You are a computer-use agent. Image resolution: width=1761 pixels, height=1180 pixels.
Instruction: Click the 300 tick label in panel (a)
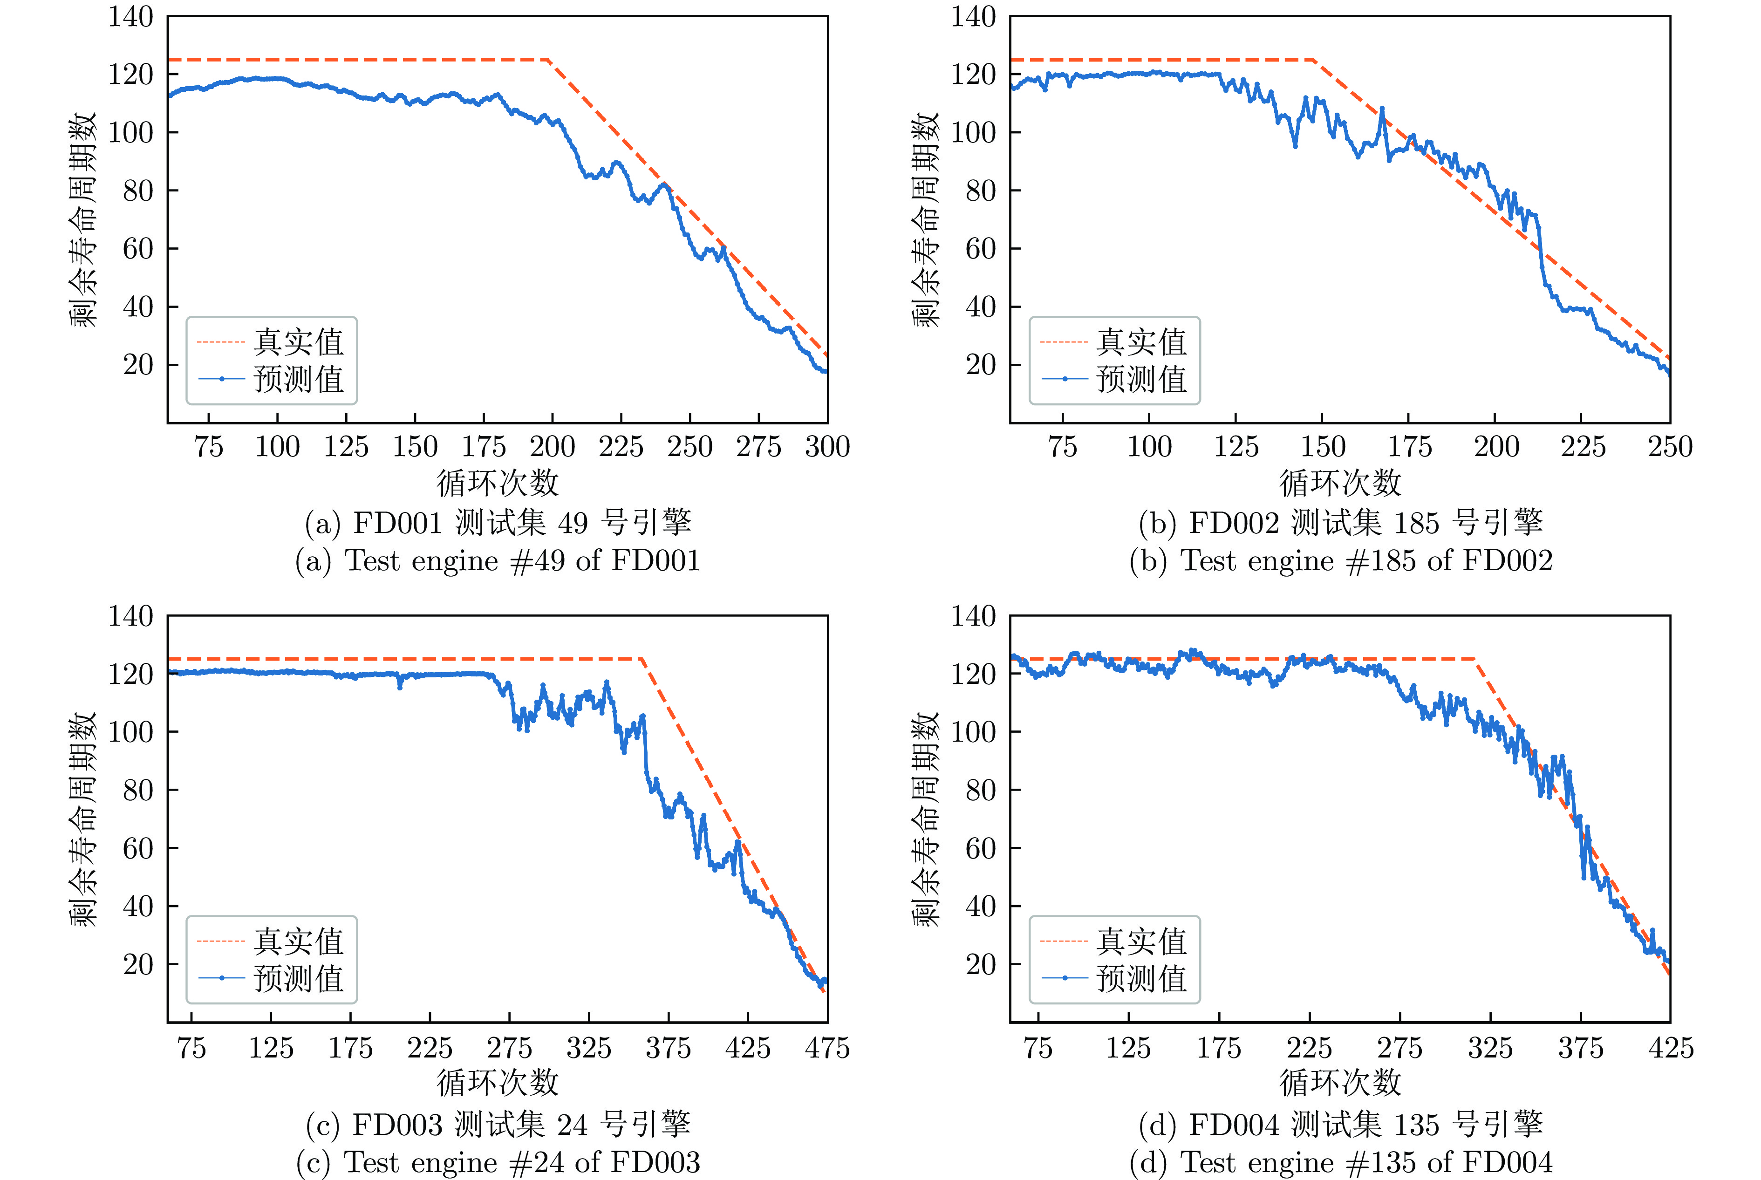pyautogui.click(x=827, y=447)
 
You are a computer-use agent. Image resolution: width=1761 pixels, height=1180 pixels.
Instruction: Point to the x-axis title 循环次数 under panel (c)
pyautogui.click(x=498, y=1082)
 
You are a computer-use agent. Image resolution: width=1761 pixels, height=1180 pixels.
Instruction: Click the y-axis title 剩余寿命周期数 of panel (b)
pyautogui.click(x=926, y=220)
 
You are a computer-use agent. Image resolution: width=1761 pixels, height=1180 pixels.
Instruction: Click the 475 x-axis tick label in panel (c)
pyautogui.click(x=827, y=1048)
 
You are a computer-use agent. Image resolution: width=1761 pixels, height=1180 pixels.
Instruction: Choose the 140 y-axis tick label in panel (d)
pyautogui.click(x=973, y=616)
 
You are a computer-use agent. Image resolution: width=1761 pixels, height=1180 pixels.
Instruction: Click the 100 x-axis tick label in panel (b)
pyautogui.click(x=1149, y=447)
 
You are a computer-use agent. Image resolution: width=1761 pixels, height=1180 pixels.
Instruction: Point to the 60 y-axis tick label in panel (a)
pyautogui.click(x=138, y=248)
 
